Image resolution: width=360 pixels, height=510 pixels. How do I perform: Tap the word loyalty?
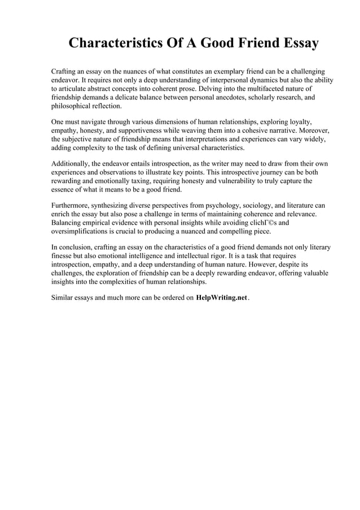point(298,121)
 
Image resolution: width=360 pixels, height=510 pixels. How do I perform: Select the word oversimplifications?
point(84,232)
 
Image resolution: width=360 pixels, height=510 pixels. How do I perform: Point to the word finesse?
point(63,256)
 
